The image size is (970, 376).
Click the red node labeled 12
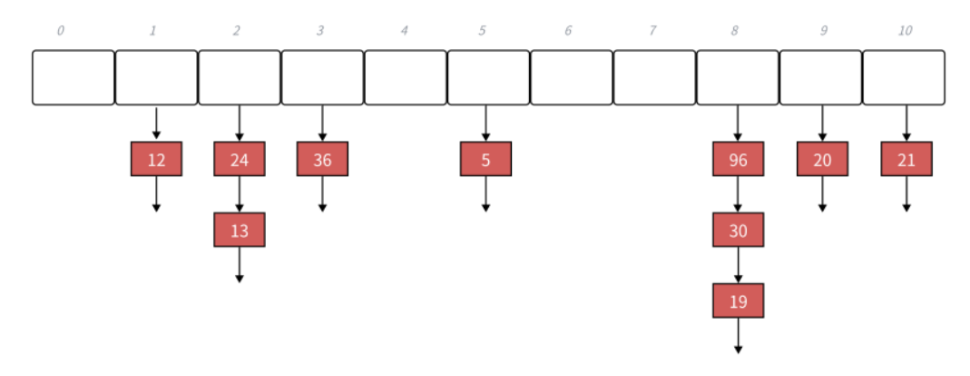pyautogui.click(x=156, y=160)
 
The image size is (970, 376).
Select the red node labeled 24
pyautogui.click(x=240, y=160)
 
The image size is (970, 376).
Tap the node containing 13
pyautogui.click(x=240, y=230)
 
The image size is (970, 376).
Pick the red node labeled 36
pyautogui.click(x=322, y=160)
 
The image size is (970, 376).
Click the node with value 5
pyautogui.click(x=485, y=160)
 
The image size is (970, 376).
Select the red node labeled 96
pyautogui.click(x=738, y=160)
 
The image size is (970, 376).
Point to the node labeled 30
pyautogui.click(x=738, y=230)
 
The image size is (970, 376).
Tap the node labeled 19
pyautogui.click(x=738, y=301)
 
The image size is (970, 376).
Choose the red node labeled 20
pyautogui.click(x=822, y=160)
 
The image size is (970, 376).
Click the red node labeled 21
pyautogui.click(x=906, y=160)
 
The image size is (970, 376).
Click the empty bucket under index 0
pyautogui.click(x=73, y=77)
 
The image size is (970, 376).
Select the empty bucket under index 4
pyautogui.click(x=406, y=77)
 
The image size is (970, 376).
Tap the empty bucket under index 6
pyautogui.click(x=572, y=77)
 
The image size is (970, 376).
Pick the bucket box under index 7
pyautogui.click(x=654, y=77)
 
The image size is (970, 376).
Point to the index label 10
pyautogui.click(x=905, y=31)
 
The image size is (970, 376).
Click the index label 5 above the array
pyautogui.click(x=483, y=31)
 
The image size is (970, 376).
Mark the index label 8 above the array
pyautogui.click(x=734, y=31)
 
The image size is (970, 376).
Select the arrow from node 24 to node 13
pyautogui.click(x=240, y=194)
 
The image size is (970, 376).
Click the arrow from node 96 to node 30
pyautogui.click(x=738, y=194)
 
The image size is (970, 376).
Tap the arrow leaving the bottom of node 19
pyautogui.click(x=738, y=335)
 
